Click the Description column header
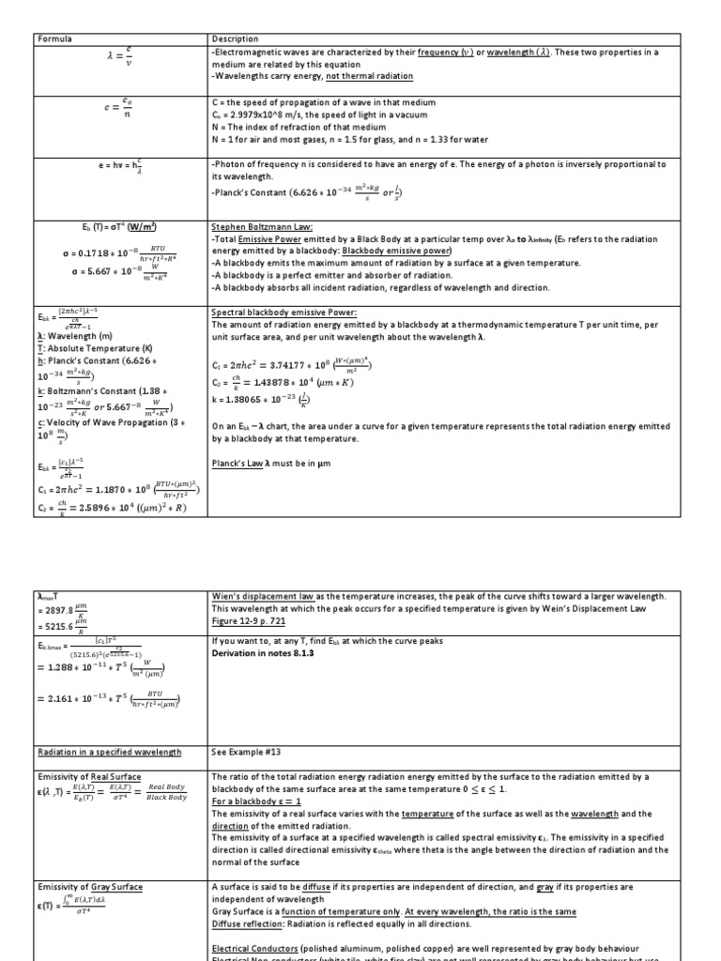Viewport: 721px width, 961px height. [x=236, y=38]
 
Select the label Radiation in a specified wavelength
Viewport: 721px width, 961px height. [x=110, y=752]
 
